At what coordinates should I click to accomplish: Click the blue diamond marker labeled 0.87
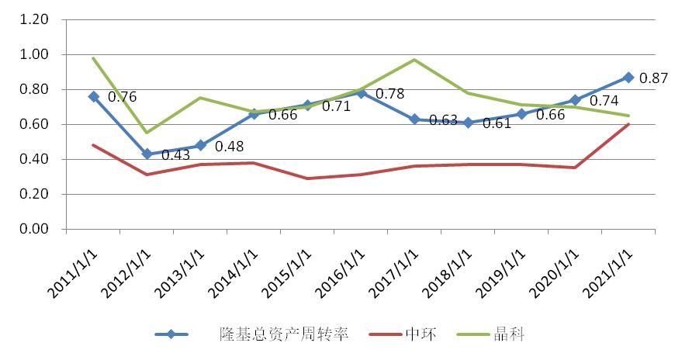628,78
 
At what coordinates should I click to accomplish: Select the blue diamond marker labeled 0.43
147,154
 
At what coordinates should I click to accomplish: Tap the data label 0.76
123,97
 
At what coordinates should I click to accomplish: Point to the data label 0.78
389,94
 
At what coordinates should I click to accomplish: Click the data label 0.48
230,146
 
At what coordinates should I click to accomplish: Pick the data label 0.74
604,101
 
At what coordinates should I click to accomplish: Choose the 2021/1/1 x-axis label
605,268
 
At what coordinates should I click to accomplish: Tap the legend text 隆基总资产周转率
283,334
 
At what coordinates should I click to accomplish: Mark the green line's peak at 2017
414,60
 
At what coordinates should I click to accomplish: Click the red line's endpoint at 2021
628,124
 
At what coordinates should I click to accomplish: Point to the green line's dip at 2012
147,133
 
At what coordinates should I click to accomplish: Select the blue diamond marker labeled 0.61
468,123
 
